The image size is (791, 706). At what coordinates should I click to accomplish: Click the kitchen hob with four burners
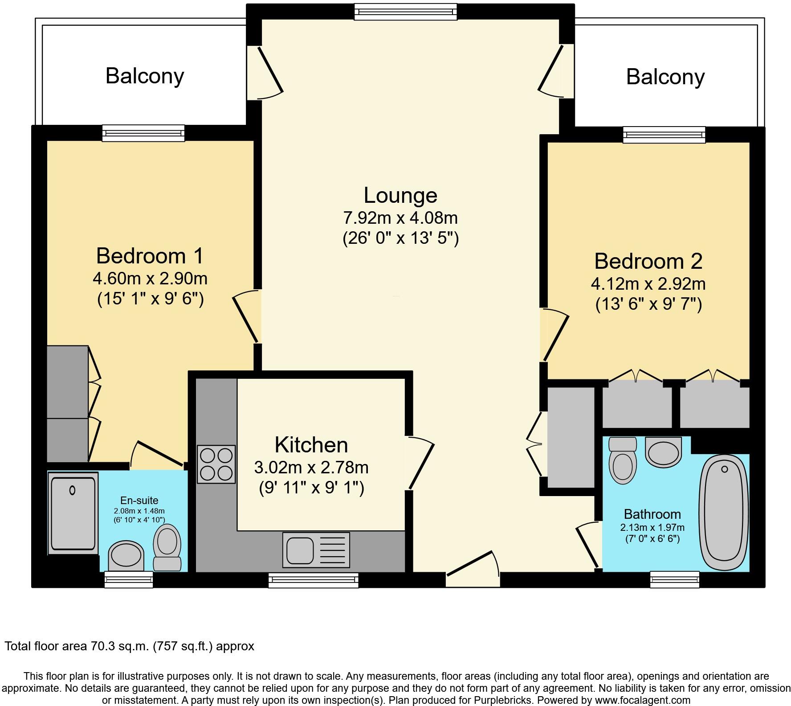click(x=216, y=464)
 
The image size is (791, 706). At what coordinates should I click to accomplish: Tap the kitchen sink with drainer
click(x=316, y=550)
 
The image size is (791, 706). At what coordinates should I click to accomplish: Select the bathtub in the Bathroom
click(x=725, y=513)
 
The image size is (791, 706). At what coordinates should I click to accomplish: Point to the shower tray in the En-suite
click(x=73, y=513)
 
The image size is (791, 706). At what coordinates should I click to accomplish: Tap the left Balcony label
click(x=145, y=76)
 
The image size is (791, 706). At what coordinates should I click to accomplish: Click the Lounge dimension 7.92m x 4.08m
click(x=400, y=218)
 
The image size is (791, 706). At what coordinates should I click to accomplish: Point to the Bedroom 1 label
click(x=150, y=256)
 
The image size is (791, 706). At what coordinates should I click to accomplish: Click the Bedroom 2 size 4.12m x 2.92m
click(x=648, y=283)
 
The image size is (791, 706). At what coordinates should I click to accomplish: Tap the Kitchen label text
click(x=311, y=445)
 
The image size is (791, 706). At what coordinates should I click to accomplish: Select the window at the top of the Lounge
click(x=405, y=11)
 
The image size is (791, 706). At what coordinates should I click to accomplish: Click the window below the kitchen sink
click(x=313, y=580)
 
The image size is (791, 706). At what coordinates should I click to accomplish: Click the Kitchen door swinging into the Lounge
click(x=420, y=464)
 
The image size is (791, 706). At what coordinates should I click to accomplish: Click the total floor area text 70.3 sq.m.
click(x=129, y=646)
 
